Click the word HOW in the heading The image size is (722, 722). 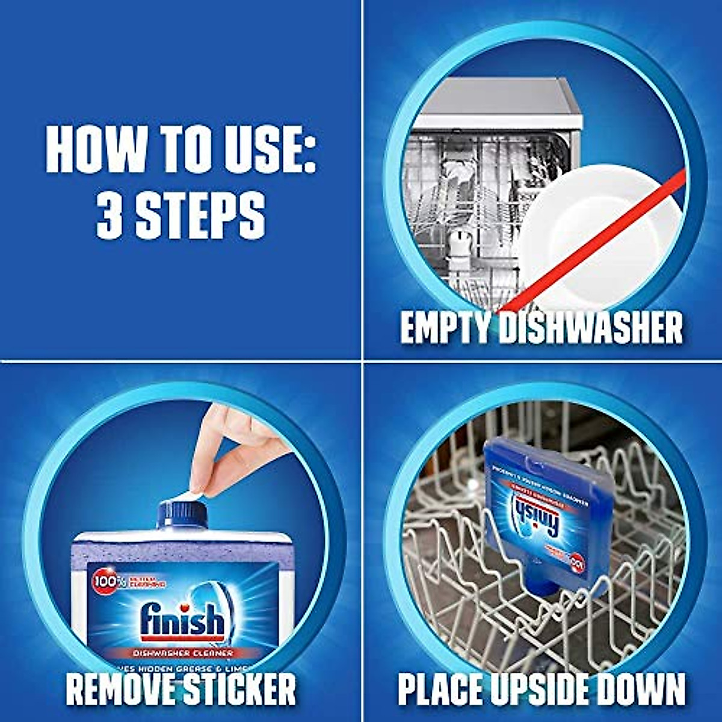click(x=96, y=150)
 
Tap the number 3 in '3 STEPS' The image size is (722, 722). click(x=110, y=214)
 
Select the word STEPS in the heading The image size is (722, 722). click(x=200, y=214)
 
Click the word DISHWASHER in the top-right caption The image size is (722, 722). click(x=592, y=329)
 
